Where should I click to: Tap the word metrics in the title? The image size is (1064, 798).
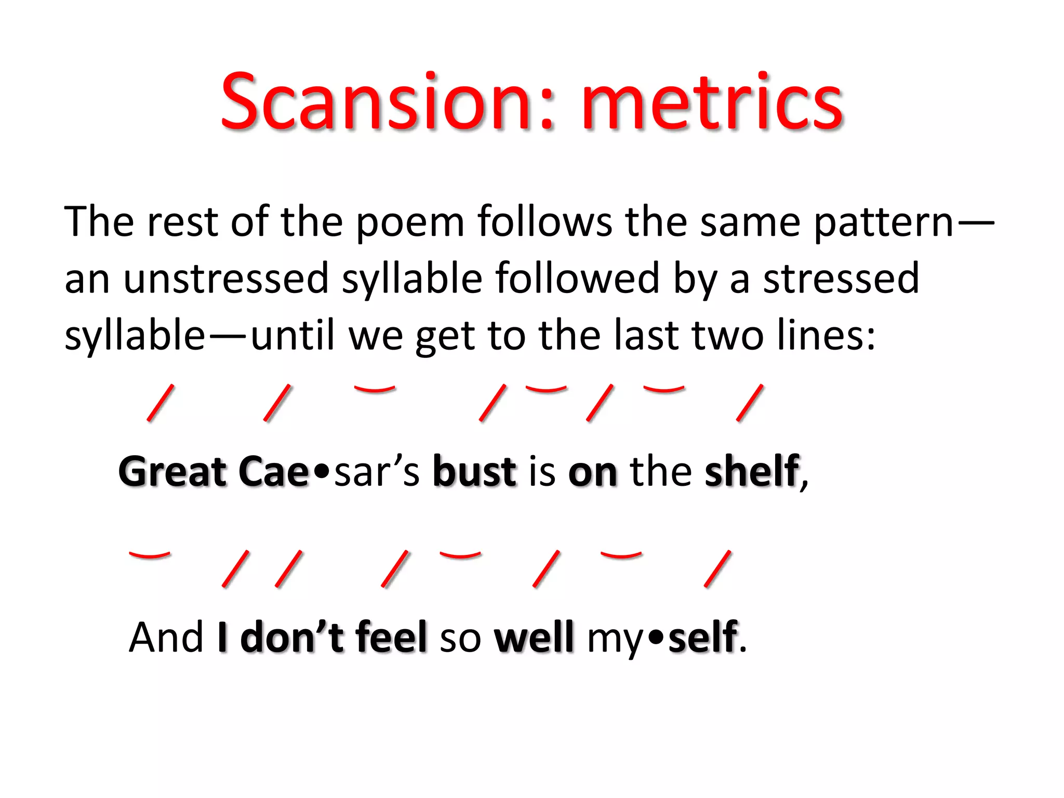coord(712,101)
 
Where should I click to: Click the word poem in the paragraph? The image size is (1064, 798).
coord(410,222)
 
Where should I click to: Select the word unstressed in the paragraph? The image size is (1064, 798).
coord(227,279)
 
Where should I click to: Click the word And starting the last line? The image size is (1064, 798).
coord(166,637)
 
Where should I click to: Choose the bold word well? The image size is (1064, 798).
coord(534,637)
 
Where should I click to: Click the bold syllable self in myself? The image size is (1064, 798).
coord(703,637)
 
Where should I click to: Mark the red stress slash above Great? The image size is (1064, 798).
coord(161,403)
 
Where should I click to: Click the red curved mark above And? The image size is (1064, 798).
coord(150,555)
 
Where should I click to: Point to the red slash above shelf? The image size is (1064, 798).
coord(750,403)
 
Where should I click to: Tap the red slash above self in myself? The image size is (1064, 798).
coord(718,569)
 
